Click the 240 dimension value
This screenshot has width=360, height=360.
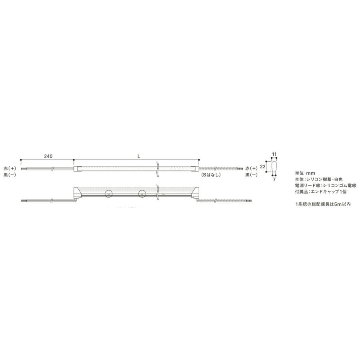click(48, 156)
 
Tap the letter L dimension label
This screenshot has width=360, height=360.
click(139, 156)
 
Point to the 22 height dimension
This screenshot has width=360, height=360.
click(263, 166)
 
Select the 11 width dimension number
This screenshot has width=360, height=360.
click(274, 154)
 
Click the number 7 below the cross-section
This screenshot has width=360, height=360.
click(274, 180)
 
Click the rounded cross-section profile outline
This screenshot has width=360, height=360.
click(274, 166)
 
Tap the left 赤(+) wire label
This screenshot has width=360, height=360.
click(10, 168)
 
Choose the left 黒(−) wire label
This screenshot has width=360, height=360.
click(10, 175)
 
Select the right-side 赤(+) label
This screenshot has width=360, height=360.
click(252, 168)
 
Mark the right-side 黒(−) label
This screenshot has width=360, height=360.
click(252, 175)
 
